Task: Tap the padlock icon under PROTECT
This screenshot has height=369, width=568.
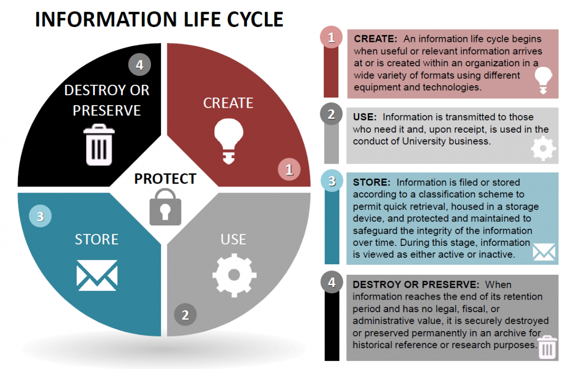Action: coord(165,206)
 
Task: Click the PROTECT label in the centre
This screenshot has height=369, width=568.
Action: coord(165,179)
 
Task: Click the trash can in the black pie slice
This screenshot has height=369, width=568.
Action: coord(100,145)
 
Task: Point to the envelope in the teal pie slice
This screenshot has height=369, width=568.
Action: coord(97,275)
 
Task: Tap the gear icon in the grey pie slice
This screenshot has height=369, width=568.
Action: coord(234,274)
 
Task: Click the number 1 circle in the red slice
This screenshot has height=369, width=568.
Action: coord(289,170)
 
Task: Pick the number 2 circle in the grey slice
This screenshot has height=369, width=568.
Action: coord(185,315)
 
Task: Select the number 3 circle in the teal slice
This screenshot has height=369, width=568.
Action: coord(40,216)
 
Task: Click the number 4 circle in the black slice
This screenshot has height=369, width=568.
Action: coord(140,65)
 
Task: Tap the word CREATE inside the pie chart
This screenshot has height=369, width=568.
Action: coord(228,103)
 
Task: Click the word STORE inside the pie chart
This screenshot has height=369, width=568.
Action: coord(97,239)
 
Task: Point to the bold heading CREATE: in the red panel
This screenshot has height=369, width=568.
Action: coord(375,39)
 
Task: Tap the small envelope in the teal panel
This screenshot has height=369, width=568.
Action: coord(544,252)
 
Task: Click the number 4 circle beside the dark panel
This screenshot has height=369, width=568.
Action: coord(331,283)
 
